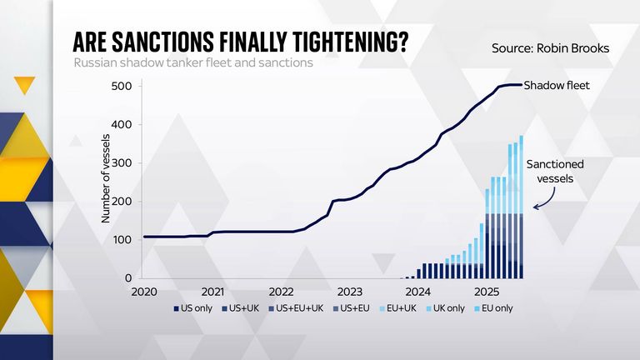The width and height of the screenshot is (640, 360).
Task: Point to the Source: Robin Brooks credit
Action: [x=551, y=49]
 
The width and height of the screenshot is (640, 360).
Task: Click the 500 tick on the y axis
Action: [x=122, y=86]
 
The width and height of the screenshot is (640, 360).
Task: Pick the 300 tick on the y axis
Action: [x=122, y=162]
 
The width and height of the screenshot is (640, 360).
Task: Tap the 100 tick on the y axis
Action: [x=122, y=240]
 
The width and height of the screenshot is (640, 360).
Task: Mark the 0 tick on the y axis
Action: [x=128, y=278]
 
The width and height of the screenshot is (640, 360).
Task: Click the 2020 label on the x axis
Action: [x=144, y=292]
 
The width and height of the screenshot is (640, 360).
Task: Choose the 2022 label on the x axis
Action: [x=281, y=292]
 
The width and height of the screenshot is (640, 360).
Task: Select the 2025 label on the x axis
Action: [x=487, y=292]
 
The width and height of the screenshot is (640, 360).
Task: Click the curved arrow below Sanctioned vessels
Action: [x=543, y=199]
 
